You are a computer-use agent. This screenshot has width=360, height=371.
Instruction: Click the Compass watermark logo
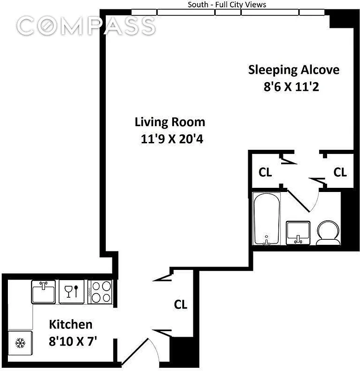pos(86,26)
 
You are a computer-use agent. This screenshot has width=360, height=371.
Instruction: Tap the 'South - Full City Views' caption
pos(227,5)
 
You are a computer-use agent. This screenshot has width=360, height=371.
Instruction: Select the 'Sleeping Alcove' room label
pos(294,70)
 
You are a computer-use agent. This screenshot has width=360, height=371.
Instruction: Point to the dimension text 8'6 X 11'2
pos(294,86)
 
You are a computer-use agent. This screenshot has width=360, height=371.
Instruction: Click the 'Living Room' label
pos(170,122)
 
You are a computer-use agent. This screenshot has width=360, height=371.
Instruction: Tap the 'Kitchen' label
pos(71,324)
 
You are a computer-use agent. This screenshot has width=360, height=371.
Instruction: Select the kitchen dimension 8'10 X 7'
pos(73,342)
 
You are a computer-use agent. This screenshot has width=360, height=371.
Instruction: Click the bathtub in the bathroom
pos(266,219)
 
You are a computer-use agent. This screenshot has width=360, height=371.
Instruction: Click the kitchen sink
pos(44,292)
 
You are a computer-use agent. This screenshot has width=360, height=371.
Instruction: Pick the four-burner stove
pos(100,292)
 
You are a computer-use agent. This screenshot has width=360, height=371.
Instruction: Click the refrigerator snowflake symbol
pos(20,344)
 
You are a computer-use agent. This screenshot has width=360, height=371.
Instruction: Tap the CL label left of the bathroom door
pos(265,172)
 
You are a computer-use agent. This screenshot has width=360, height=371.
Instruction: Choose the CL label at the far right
pos(340,172)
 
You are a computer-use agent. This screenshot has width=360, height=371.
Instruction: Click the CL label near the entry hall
pos(180,304)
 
